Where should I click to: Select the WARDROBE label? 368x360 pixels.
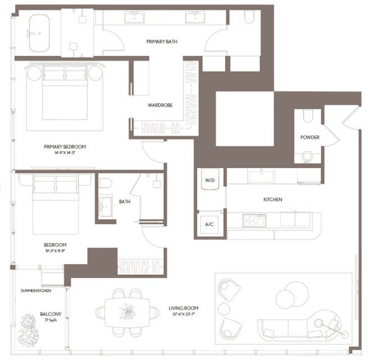pos(159,105)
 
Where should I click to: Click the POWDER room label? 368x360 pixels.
pos(310,137)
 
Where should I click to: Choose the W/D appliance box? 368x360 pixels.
pos(209,181)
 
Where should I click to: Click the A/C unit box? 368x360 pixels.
pos(209,224)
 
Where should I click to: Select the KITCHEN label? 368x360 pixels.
pos(272,200)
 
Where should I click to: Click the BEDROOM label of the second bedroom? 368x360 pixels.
pos(55,244)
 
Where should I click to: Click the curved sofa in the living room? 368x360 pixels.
pos(292,328)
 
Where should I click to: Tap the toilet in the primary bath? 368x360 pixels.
pos(249,18)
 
